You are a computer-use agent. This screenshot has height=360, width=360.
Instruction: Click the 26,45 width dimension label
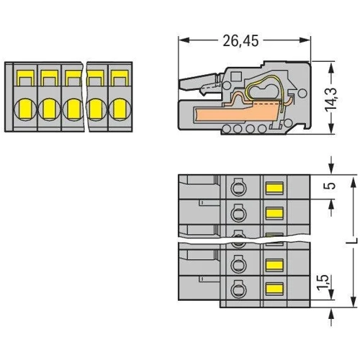240,41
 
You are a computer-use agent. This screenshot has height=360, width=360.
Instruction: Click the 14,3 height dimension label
331,99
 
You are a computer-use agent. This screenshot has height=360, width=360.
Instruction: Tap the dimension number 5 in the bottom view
331,186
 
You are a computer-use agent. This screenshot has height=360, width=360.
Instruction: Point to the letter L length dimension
353,240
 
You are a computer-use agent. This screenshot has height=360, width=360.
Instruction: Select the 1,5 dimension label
323,282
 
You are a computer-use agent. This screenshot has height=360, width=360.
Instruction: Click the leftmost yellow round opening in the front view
25,109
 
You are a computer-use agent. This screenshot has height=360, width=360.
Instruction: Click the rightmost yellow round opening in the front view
120,109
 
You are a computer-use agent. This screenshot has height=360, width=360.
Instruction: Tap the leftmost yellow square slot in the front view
25,78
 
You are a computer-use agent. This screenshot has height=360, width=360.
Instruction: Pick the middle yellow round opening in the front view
73,109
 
